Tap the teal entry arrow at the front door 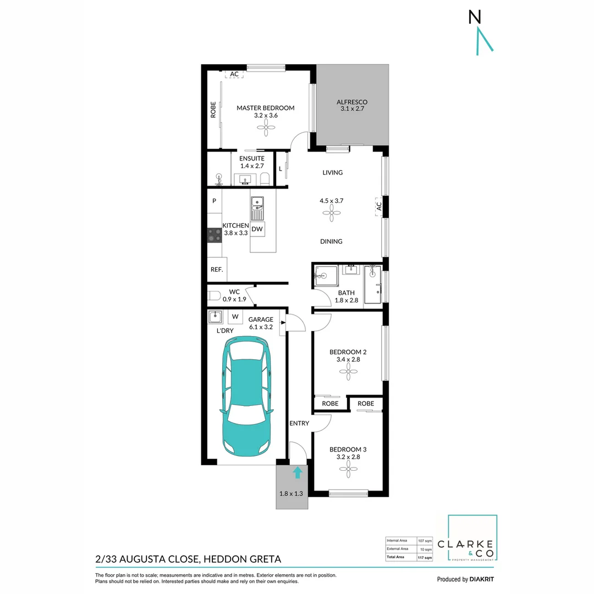[298, 472]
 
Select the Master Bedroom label [266, 108]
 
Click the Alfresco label [352, 102]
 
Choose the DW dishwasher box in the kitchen [257, 229]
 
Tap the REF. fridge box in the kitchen [216, 270]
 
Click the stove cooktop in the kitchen [214, 236]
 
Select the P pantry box [215, 201]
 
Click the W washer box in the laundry [235, 317]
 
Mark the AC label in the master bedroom [234, 74]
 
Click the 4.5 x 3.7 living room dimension [332, 201]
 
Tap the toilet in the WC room [214, 295]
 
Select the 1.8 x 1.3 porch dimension [291, 493]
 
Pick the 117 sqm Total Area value [425, 557]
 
